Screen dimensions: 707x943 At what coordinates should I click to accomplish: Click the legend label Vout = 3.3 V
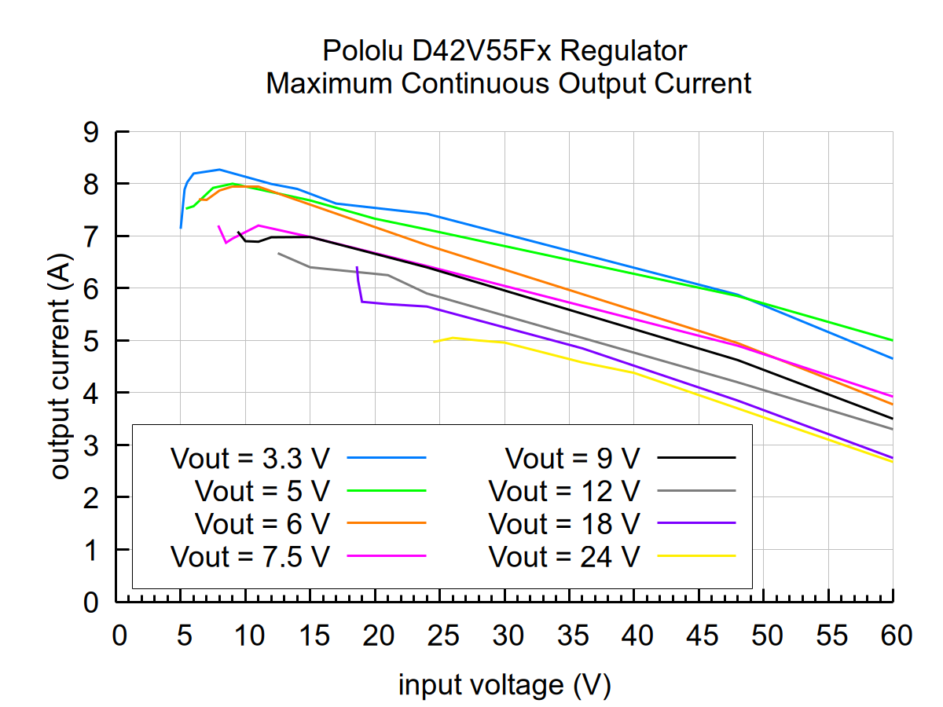click(x=249, y=457)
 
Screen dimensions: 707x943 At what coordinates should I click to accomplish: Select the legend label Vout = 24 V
click(x=564, y=556)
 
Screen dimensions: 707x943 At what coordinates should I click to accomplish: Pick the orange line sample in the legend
click(x=386, y=522)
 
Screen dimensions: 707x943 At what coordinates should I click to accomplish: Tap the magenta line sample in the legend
click(x=386, y=555)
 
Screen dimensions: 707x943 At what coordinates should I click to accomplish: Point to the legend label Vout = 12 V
click(x=564, y=490)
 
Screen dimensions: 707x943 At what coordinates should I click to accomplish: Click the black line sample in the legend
click(x=696, y=456)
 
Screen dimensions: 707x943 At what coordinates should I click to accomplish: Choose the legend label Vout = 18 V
click(x=564, y=523)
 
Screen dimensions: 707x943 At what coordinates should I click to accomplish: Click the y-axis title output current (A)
click(x=61, y=367)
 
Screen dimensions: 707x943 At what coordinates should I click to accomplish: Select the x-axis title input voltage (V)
click(x=505, y=685)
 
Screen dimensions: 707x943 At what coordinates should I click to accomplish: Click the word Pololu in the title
click(x=363, y=52)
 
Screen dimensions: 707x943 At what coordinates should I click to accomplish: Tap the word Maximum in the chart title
click(x=330, y=83)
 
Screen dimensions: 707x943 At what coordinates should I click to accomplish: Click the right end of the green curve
click(x=892, y=340)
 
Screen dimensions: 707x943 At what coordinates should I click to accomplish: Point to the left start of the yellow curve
click(x=435, y=342)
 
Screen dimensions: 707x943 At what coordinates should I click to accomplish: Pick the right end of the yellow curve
click(x=892, y=461)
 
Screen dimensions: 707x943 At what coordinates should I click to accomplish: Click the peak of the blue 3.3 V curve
click(x=219, y=169)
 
